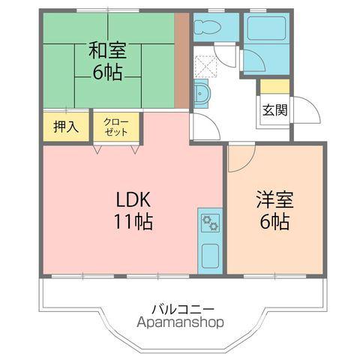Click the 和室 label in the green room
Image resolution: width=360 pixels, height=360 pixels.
pos(108,51)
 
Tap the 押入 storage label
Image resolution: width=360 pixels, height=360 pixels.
pos(65,126)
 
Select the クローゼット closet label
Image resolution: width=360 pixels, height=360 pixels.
pos(115,126)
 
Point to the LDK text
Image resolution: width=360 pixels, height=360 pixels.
pos(133,200)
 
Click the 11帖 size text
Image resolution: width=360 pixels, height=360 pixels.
pos(133,222)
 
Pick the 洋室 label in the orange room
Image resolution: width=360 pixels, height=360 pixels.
pos(274,200)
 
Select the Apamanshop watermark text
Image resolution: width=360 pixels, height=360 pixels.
pos(181,323)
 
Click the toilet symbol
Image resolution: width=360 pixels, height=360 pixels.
pos(206,28)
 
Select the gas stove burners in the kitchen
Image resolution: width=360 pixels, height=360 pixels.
pos(209,222)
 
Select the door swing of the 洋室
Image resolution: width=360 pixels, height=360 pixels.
pos(242,155)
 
